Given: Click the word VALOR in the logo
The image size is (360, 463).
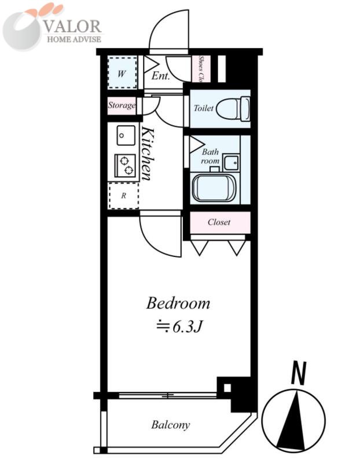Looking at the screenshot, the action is (73, 26).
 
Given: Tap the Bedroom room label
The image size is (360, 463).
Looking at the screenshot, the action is (178, 303).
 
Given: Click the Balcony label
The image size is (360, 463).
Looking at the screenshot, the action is (170, 425).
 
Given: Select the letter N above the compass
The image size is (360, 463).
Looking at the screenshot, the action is (298, 373).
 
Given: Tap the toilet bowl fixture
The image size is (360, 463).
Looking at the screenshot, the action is (233, 108).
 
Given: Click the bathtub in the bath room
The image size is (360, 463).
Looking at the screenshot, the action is (214, 188).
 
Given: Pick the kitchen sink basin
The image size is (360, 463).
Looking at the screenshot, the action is (126, 135).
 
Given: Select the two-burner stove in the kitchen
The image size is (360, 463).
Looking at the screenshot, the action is (125, 166).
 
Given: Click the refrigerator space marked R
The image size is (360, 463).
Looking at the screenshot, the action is (124, 196).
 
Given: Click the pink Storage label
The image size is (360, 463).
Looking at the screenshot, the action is (122, 105).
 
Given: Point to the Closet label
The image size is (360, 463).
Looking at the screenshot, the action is (219, 222).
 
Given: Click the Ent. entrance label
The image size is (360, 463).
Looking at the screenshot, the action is (161, 76).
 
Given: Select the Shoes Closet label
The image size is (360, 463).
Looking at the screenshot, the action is (201, 69).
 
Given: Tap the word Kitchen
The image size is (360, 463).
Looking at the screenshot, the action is (148, 153).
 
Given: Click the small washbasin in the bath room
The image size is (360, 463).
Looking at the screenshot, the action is (231, 161).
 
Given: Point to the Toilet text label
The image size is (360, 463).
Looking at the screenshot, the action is (203, 108).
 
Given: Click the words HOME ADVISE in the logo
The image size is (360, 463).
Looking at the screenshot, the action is (74, 39).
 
